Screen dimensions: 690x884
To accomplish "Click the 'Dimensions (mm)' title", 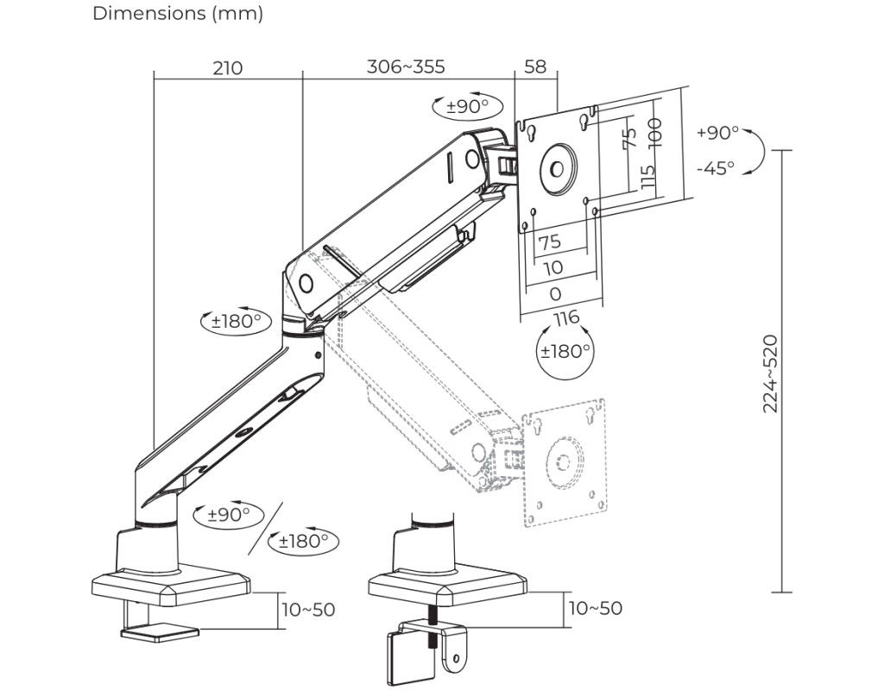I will (x=178, y=14).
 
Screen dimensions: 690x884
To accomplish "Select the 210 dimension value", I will (x=228, y=67).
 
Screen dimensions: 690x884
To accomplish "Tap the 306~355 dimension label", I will (x=406, y=66).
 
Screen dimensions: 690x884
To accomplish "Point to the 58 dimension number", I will (x=535, y=66).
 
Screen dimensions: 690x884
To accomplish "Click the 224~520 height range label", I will (x=771, y=373).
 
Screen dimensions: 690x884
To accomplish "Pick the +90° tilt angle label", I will (x=717, y=133).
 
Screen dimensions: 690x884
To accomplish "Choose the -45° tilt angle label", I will (x=716, y=167).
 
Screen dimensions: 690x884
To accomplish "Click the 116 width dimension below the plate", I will (x=566, y=318).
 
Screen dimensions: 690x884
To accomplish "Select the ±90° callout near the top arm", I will (x=467, y=107).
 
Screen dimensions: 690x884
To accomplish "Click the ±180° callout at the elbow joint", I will (x=236, y=322).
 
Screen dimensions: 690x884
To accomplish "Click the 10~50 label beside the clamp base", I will (x=308, y=610).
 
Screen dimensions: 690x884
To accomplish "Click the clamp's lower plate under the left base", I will (x=159, y=633).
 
